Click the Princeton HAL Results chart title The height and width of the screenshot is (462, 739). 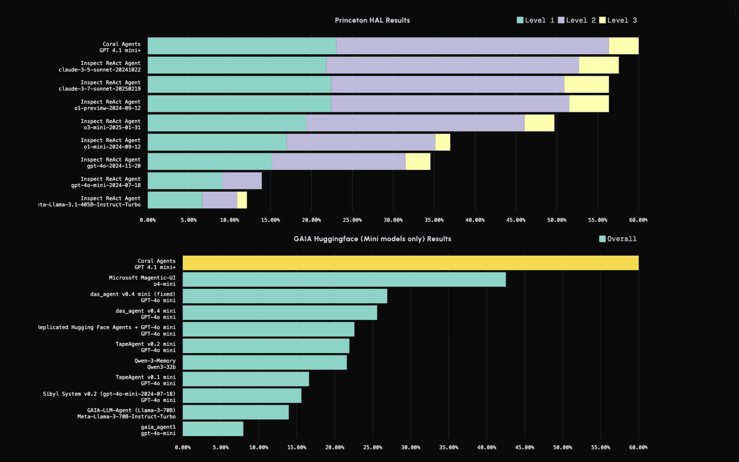pyautogui.click(x=372, y=20)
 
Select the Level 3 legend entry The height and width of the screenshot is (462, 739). pyautogui.click(x=618, y=20)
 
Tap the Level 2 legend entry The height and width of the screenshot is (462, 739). pyautogui.click(x=577, y=20)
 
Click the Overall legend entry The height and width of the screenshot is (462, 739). pyautogui.click(x=618, y=239)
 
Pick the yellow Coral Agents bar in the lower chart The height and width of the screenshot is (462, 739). pyautogui.click(x=410, y=263)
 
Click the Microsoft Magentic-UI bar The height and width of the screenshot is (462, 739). pyautogui.click(x=344, y=280)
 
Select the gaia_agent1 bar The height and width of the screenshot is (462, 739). pyautogui.click(x=213, y=429)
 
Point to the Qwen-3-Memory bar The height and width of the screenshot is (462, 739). pyautogui.click(x=265, y=363)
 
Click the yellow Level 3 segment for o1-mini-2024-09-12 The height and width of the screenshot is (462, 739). pyautogui.click(x=443, y=142)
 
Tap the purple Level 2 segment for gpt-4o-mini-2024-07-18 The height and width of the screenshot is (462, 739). pyautogui.click(x=242, y=181)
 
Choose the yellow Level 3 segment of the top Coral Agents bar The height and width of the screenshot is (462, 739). pyautogui.click(x=624, y=46)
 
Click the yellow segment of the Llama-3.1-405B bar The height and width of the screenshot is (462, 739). pyautogui.click(x=242, y=200)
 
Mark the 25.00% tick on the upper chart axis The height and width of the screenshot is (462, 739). pyautogui.click(x=352, y=220)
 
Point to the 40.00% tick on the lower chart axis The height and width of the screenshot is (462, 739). pyautogui.click(x=487, y=448)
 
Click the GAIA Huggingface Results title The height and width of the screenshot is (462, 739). pyautogui.click(x=372, y=239)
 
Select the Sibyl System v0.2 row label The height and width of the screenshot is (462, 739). pyautogui.click(x=109, y=397)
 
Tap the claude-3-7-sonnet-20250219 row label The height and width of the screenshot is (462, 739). pyautogui.click(x=100, y=85)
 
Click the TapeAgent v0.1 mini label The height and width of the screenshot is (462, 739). pyautogui.click(x=145, y=380)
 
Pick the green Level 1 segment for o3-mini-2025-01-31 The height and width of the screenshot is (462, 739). pyautogui.click(x=227, y=123)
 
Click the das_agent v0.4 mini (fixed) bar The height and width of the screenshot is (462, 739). pyautogui.click(x=285, y=296)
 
